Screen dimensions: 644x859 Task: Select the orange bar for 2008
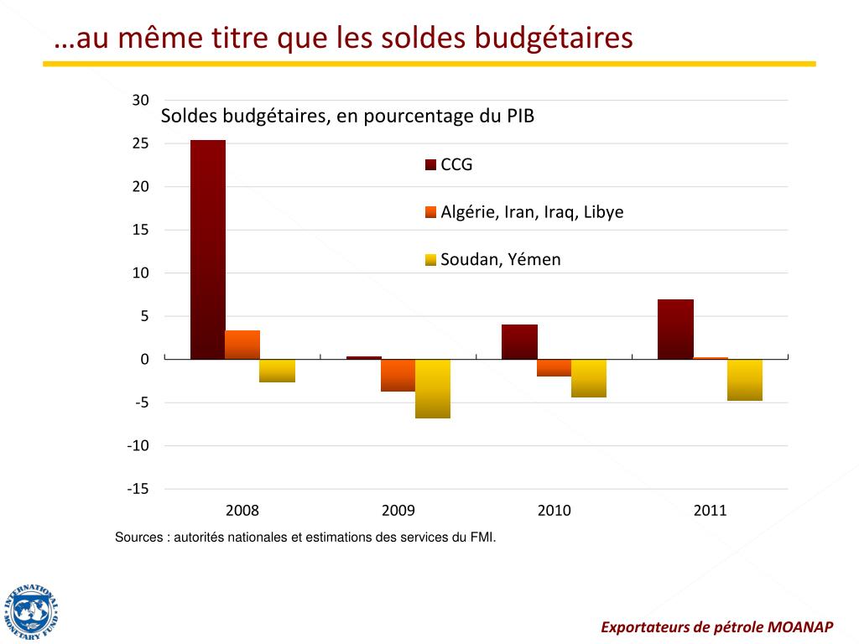[x=242, y=345]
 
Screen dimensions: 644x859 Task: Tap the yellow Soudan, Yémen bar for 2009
[x=433, y=388]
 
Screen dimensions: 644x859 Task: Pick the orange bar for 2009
[x=398, y=375]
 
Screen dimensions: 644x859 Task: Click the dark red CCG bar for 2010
[x=519, y=341]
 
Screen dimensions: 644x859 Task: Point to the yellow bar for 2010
[x=588, y=378]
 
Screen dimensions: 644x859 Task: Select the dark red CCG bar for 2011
[x=675, y=329]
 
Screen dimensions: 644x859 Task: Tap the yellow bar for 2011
[x=745, y=380]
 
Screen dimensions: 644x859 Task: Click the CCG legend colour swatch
[x=431, y=165]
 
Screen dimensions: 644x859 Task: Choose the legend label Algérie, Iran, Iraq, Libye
[x=532, y=212]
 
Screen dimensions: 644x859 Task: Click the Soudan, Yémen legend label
[x=501, y=260]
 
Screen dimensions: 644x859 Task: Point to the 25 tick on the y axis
[x=141, y=143]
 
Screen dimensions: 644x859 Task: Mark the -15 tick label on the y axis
[x=138, y=489]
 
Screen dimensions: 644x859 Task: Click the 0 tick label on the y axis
[x=144, y=359]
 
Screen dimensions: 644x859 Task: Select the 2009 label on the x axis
[x=398, y=510]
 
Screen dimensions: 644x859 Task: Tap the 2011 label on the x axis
[x=710, y=510]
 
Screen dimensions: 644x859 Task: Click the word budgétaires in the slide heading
[x=553, y=38]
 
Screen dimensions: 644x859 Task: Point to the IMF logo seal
[x=31, y=610]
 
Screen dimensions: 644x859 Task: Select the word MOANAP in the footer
[x=798, y=626]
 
